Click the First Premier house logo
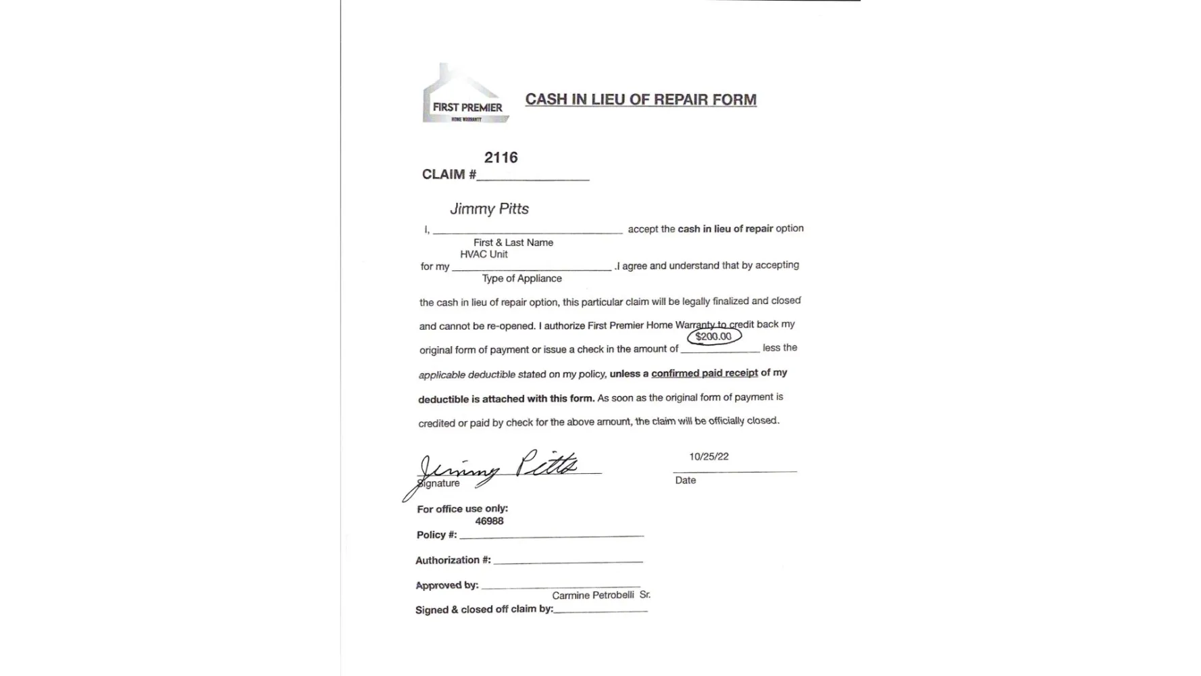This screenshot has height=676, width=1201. pos(465,95)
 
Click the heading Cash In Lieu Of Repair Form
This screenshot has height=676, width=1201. pos(640,99)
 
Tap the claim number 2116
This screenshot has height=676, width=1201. pos(501,158)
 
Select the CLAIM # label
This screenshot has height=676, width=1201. pos(449,174)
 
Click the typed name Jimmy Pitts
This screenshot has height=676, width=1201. pos(489,209)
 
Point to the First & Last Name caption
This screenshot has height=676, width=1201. pos(513,243)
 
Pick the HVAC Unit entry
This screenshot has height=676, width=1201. pos(484,254)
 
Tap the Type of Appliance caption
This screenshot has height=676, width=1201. pos(521,279)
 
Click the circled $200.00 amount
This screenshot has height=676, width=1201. pos(713,336)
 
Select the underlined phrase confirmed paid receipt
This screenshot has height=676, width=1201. pos(704,372)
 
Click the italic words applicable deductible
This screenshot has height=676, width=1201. pos(467,375)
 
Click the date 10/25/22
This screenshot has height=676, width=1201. pos(709,456)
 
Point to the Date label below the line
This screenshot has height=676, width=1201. pos(685,480)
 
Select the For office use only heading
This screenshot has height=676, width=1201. pos(462,508)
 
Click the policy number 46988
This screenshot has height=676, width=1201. pos(489,521)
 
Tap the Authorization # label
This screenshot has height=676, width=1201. pos(453,560)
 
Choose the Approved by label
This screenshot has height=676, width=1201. pos(446,585)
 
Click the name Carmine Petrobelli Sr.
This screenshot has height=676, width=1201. pos(600,595)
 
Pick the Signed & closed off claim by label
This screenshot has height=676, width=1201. pos(484,609)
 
